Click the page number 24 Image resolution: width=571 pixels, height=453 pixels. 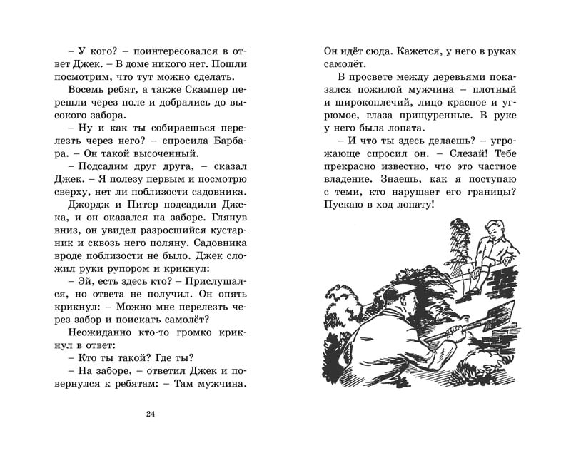point(149,416)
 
